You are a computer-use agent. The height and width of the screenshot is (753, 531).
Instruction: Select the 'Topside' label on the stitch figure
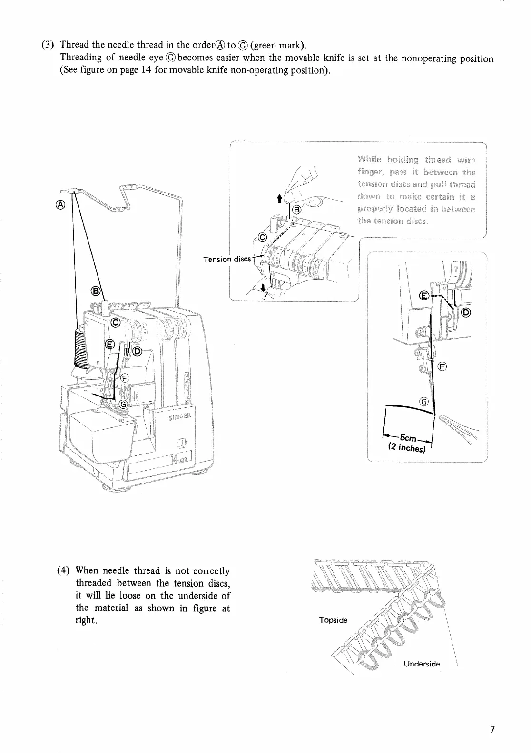(333, 620)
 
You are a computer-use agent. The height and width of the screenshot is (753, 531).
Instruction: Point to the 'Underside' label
(422, 664)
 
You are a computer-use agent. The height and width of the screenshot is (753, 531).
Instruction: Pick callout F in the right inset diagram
(442, 366)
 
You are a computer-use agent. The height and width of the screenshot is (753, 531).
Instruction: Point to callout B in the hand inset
(296, 210)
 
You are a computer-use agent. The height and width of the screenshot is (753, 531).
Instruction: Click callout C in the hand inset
(262, 237)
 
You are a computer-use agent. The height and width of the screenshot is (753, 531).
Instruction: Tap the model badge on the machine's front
(180, 460)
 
